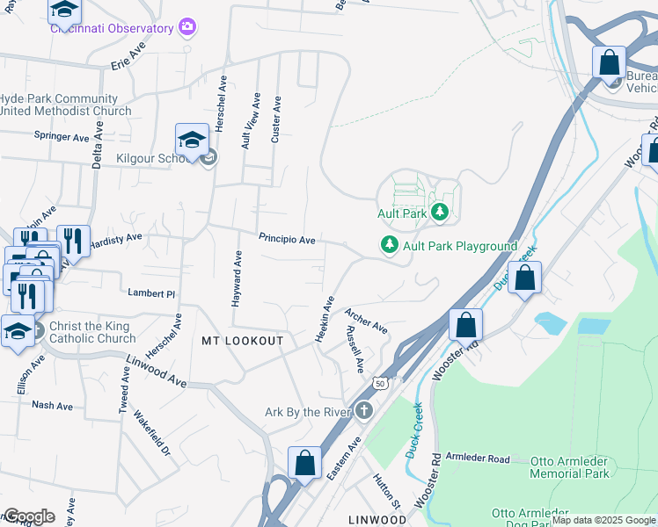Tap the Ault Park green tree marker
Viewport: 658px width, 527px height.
pos(440,213)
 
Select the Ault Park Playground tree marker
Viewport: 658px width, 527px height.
pos(389,246)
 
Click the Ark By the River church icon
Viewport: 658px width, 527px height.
pos(364,411)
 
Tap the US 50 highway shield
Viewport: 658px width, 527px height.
pos(380,383)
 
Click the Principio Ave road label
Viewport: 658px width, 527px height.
pos(287,239)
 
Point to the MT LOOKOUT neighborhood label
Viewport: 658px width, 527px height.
pos(242,341)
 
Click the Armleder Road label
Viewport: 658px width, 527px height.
pos(478,459)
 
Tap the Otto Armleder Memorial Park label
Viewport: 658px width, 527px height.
pos(569,467)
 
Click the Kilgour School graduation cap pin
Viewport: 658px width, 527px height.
pos(192,141)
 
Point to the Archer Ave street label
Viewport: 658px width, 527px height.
pos(366,321)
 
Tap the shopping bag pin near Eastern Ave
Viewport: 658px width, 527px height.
pos(304,463)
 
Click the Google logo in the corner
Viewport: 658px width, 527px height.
pos(28,516)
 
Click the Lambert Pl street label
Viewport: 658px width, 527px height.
pos(152,292)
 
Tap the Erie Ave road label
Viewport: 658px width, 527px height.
pos(128,57)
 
